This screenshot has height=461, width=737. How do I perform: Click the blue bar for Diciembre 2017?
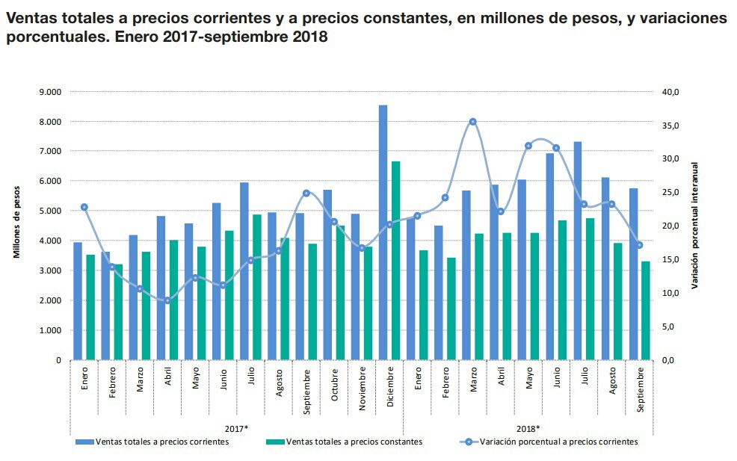pos(383,232)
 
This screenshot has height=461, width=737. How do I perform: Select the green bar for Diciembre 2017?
pos(395,261)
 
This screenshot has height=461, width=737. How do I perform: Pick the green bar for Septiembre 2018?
pos(645,310)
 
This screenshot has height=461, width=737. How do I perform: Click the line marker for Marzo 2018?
pos(472,122)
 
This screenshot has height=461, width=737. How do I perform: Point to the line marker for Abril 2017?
pos(167,300)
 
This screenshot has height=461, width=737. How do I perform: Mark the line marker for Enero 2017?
pos(84,207)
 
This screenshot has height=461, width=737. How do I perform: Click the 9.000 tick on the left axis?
pos(51,92)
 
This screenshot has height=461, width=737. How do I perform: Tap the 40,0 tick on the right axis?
pos(670,92)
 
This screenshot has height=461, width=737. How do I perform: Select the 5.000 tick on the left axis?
pos(51,211)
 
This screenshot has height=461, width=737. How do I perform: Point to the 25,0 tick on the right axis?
pos(670,193)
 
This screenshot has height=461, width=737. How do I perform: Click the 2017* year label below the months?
pos(236,428)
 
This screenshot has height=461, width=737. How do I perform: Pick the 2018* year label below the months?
pos(528,428)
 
